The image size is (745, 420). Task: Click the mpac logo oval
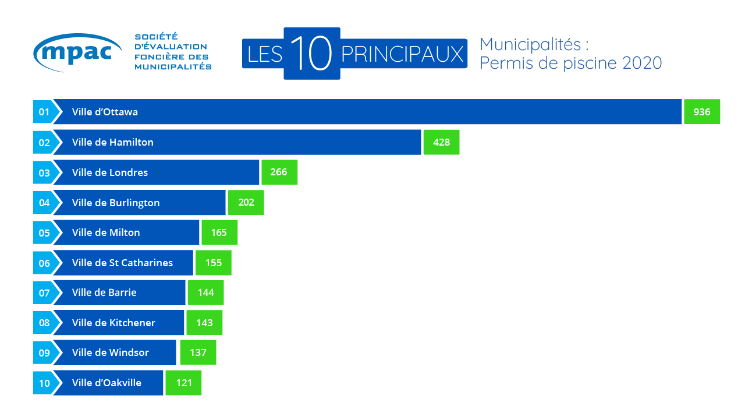(77, 52)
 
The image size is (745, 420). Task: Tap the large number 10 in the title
(311, 54)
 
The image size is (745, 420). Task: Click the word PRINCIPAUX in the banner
(403, 54)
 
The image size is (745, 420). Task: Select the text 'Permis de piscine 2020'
(570, 63)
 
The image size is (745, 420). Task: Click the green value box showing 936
(702, 112)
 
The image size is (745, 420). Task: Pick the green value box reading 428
(441, 142)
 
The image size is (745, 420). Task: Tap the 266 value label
(279, 172)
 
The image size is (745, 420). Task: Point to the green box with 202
(246, 203)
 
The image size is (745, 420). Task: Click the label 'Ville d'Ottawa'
(105, 112)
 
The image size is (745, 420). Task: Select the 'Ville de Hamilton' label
(113, 142)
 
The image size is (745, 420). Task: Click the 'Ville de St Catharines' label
(122, 263)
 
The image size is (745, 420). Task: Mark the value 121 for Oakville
(183, 383)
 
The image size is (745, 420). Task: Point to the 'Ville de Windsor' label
(111, 352)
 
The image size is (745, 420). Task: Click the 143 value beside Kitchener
(204, 323)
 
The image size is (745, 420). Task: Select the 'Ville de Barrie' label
(104, 292)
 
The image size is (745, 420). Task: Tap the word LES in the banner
(265, 54)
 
